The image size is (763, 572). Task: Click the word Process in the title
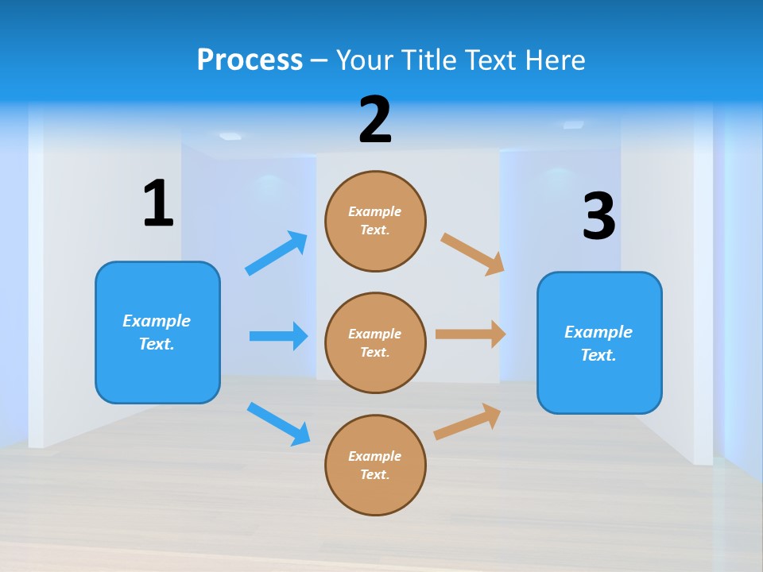coord(250,60)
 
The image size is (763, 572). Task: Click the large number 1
coord(158,204)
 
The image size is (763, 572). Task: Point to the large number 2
coord(375,121)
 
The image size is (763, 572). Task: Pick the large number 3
coord(598,217)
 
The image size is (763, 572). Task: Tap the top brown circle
coord(375,221)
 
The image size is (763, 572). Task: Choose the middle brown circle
coord(375,343)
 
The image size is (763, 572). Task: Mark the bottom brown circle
coord(375,466)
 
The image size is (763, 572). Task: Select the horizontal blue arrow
coord(278,336)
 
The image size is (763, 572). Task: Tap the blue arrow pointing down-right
coord(279,423)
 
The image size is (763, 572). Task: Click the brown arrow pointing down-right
coord(473,253)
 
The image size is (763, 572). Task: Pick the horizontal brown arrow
coord(471,334)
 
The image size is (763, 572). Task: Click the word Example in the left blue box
coord(157,321)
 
